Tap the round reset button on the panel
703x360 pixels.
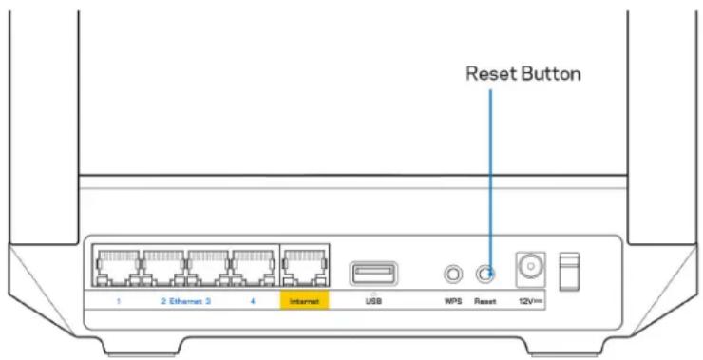pos(488,274)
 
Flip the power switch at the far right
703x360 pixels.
pos(571,273)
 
